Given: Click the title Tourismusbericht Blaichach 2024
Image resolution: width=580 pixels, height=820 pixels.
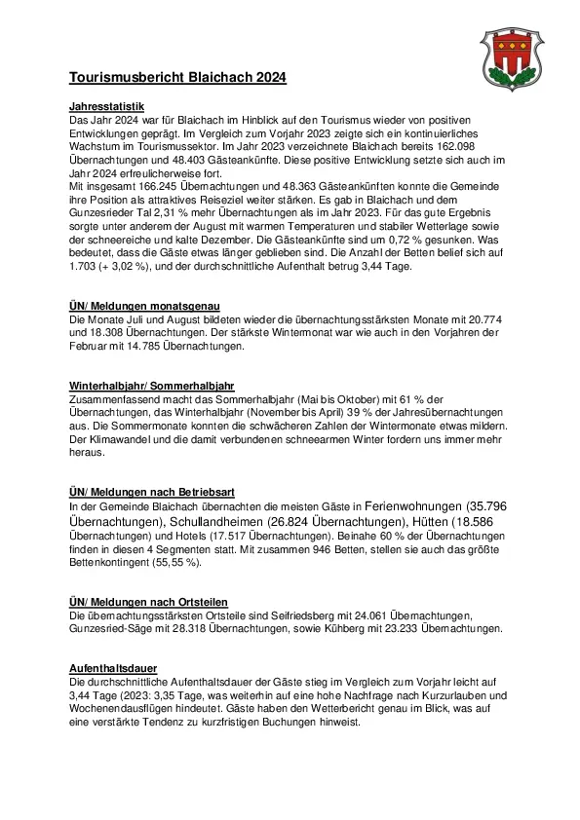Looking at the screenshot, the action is click(x=177, y=77).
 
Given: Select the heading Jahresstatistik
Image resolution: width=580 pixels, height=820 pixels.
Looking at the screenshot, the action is click(x=107, y=106).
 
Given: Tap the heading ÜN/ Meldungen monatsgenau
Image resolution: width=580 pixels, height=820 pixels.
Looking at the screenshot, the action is click(x=143, y=307).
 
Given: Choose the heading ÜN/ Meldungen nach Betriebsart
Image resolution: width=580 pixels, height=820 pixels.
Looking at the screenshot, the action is click(x=151, y=494).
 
